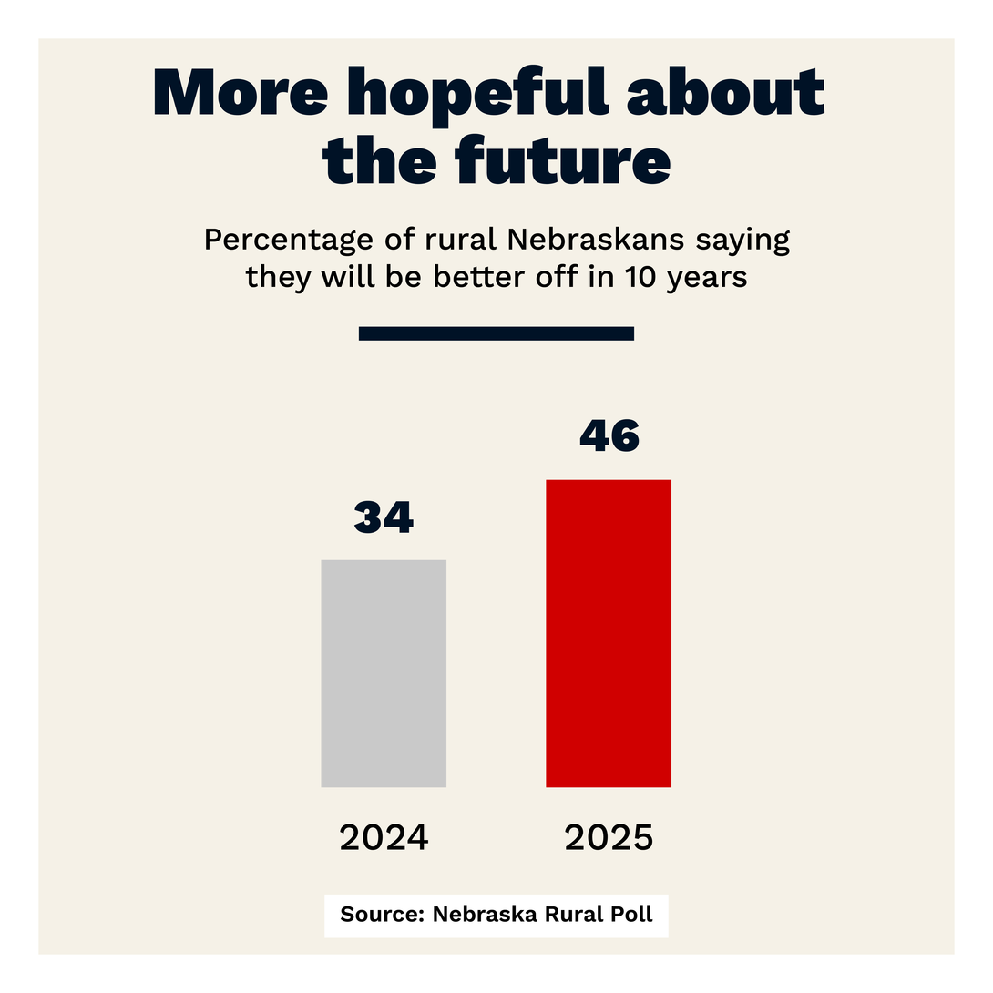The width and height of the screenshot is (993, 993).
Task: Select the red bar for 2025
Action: tap(608, 632)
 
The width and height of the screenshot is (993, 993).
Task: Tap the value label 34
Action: tap(384, 517)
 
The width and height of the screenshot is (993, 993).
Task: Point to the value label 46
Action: tap(609, 435)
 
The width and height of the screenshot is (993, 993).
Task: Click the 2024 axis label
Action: tap(384, 837)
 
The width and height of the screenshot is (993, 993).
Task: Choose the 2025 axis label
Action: tap(609, 837)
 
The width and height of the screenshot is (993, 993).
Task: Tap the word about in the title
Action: tap(725, 92)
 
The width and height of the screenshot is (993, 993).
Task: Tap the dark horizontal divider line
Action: tap(496, 333)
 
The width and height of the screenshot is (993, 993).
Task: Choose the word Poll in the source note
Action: tap(633, 915)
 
